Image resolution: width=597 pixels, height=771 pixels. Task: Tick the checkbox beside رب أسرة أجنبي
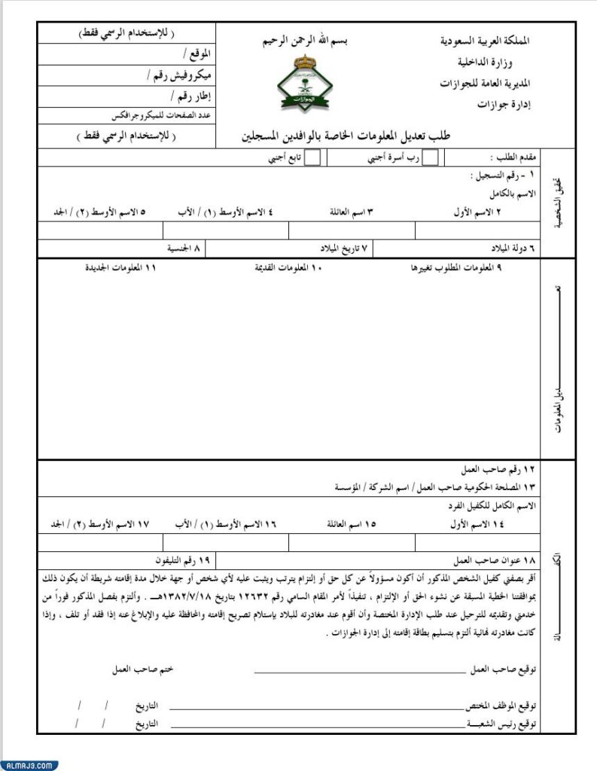pos(431,158)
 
